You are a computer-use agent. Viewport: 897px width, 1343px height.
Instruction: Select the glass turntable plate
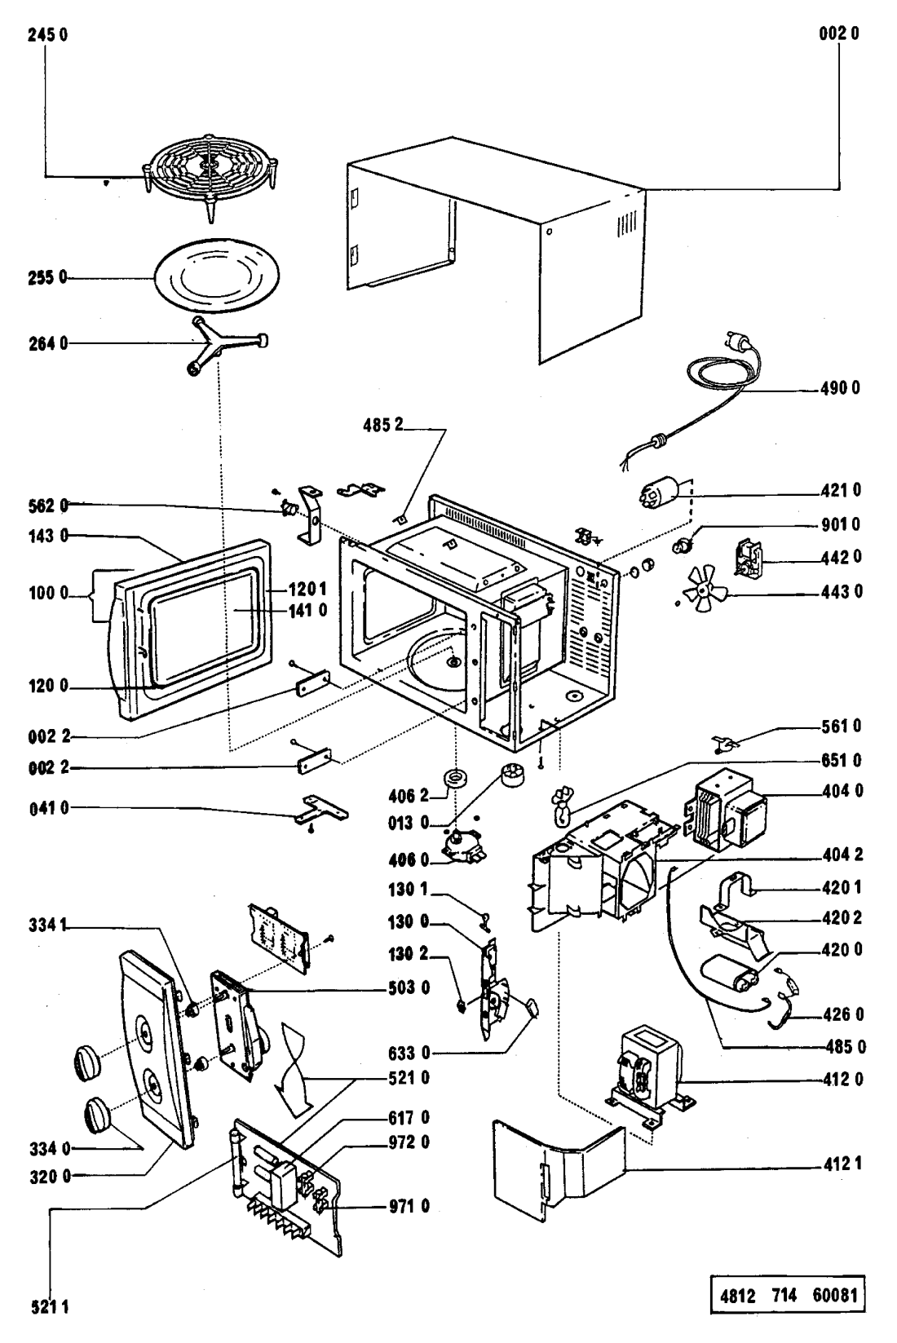click(x=211, y=277)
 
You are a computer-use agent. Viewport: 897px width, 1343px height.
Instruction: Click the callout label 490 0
click(x=841, y=389)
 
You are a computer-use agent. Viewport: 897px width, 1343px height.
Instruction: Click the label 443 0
click(x=841, y=590)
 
